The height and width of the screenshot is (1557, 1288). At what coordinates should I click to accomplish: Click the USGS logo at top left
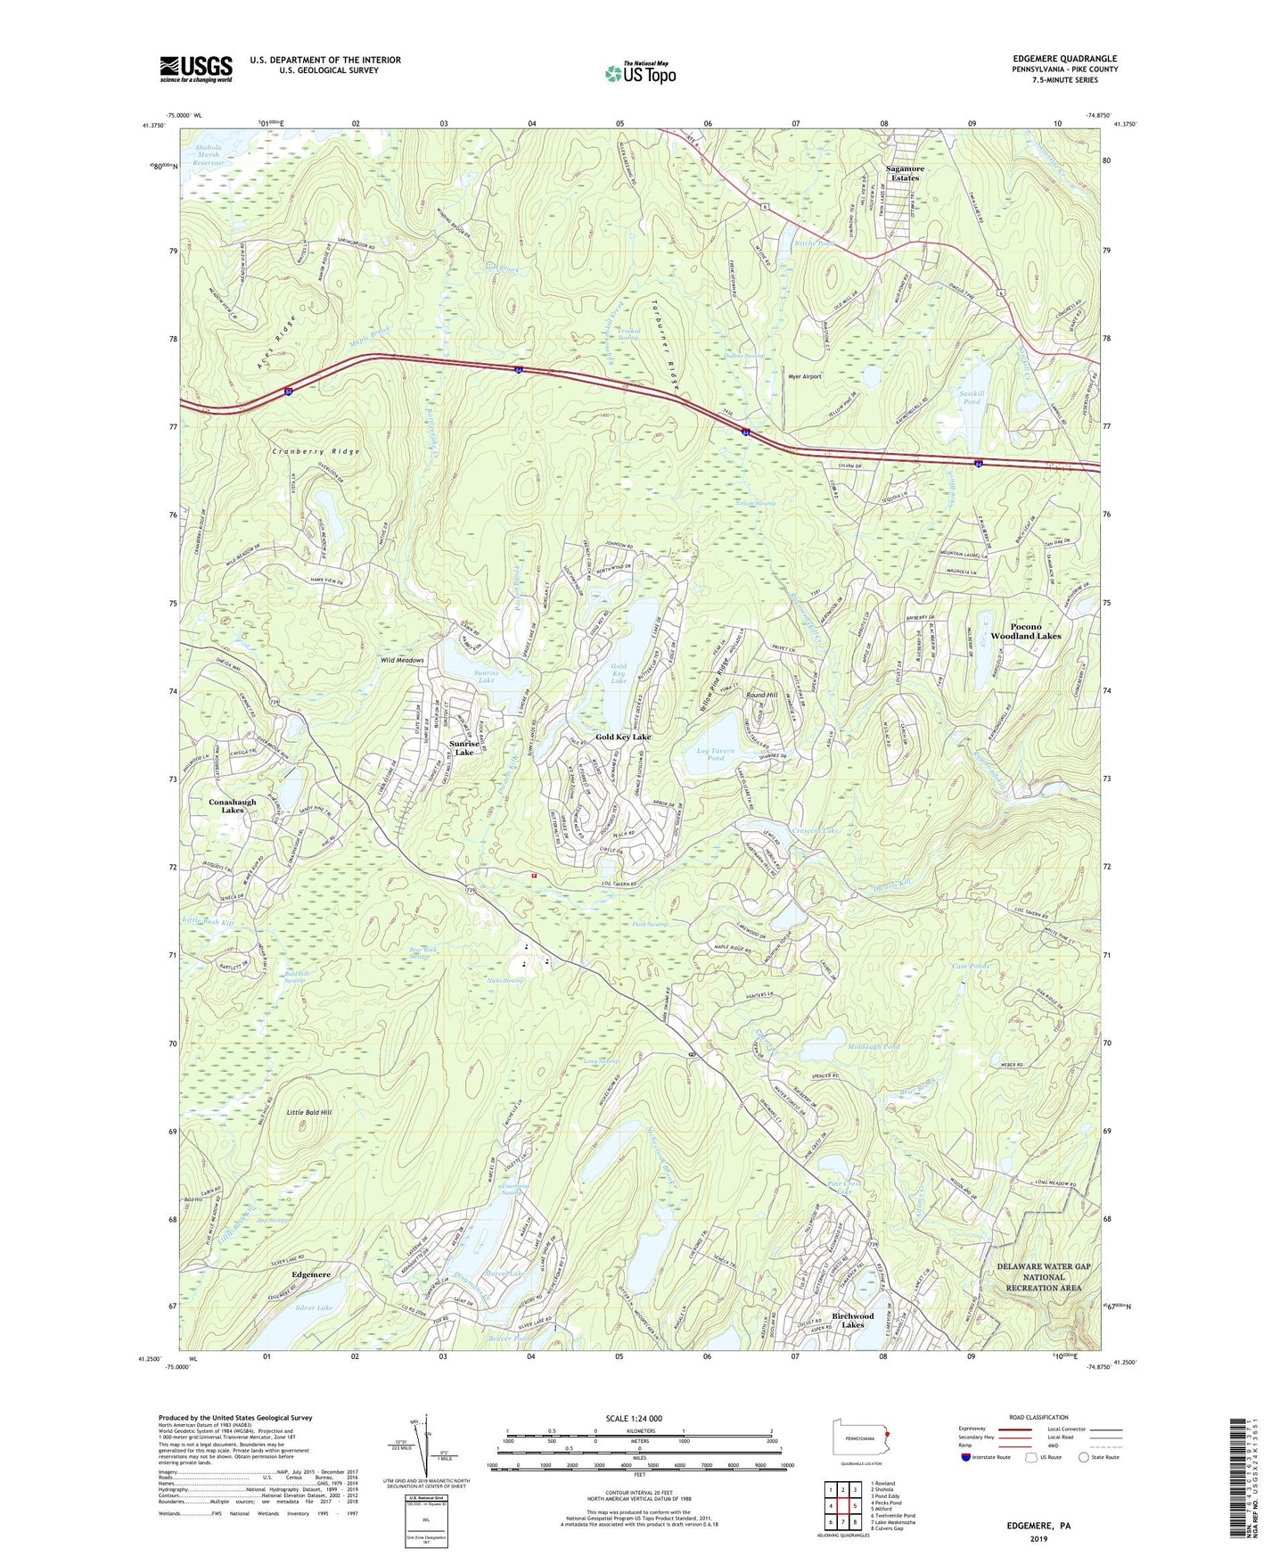point(196,69)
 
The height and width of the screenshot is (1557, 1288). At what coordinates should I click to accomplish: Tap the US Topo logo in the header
point(639,73)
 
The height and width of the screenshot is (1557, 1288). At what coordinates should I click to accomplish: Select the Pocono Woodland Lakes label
point(1025,631)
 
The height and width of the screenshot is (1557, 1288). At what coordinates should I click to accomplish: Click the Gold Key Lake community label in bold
point(623,737)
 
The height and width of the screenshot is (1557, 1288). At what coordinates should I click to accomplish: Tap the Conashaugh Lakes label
point(232,805)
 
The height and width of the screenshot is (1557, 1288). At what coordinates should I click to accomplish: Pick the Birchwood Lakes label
point(852,1320)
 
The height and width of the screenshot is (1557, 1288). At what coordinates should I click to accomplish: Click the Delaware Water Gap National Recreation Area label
point(1043,1277)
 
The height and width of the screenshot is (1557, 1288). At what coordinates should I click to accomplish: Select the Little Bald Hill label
point(308,1113)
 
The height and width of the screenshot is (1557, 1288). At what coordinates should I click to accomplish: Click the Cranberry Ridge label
point(316,452)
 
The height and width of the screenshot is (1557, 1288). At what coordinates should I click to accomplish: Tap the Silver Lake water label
point(313,1307)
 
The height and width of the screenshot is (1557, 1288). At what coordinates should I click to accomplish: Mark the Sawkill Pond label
point(972,397)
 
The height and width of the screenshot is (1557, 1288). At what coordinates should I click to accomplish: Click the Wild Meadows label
point(402,660)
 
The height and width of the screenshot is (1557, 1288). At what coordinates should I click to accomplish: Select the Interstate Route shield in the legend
point(967,1458)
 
